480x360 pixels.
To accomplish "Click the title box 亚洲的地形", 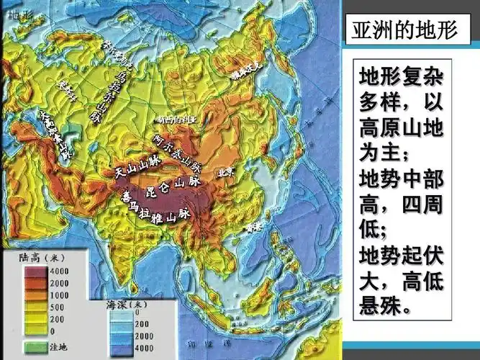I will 406,31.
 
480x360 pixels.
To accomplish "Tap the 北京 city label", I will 226,173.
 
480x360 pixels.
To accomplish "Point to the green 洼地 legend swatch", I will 33,347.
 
